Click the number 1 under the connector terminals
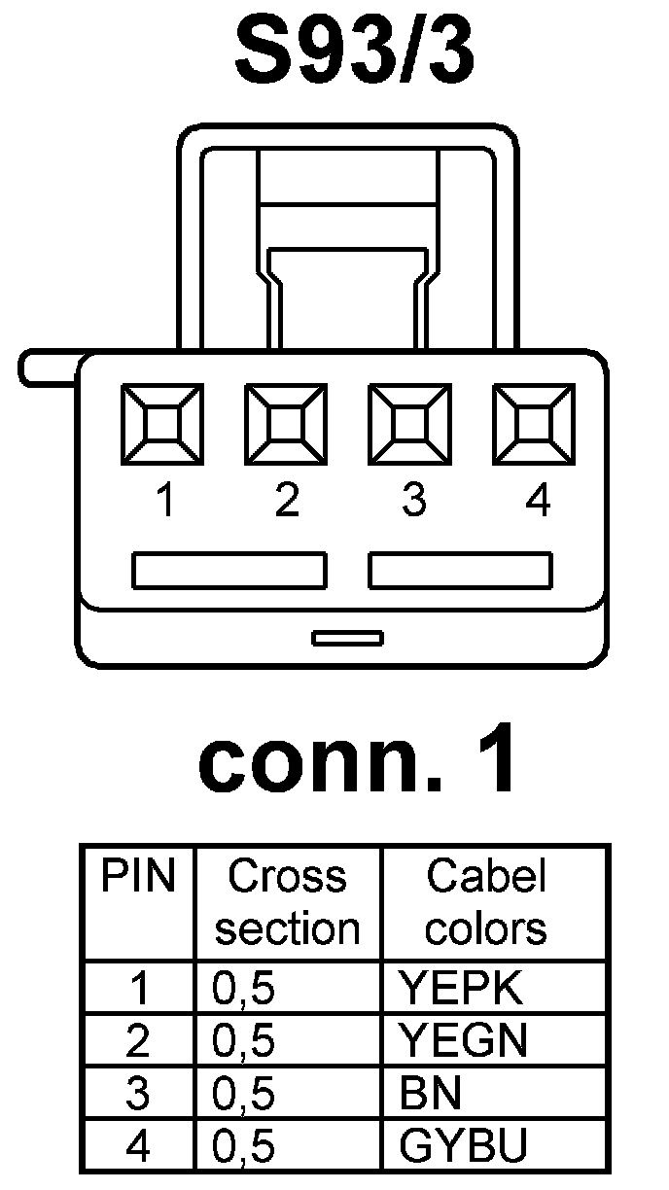tap(166, 502)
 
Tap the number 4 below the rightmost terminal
tap(537, 502)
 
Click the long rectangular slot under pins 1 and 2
tap(229, 571)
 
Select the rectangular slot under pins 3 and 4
tap(460, 571)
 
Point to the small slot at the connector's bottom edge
tap(347, 638)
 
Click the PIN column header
tap(139, 878)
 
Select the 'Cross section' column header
tap(288, 902)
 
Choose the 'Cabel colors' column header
tap(486, 902)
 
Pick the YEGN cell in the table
tap(463, 1041)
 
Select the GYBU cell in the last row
tap(463, 1147)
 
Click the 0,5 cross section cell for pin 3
tap(244, 1094)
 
